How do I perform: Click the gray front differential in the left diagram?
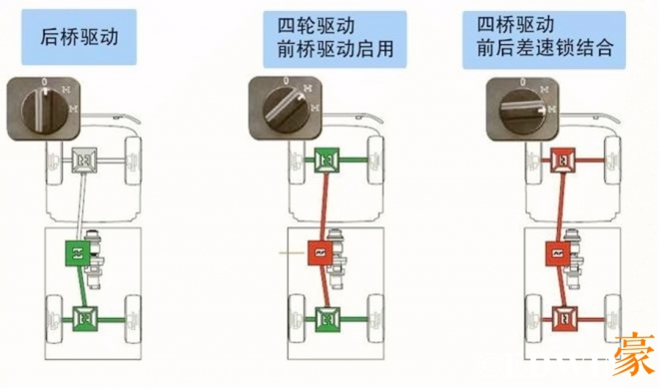85,158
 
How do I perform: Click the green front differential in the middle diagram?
326,160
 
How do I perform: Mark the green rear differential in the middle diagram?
328,318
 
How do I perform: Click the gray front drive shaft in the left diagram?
81,204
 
